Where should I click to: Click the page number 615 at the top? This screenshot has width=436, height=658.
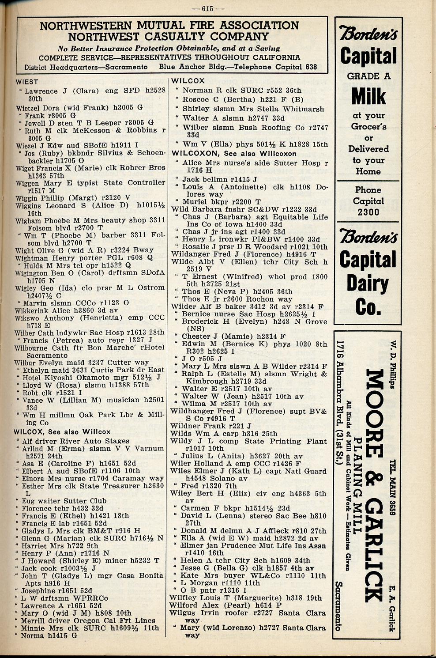point(213,8)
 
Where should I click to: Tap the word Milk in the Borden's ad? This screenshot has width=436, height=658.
point(368,96)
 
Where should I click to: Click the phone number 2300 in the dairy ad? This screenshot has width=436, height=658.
point(368,212)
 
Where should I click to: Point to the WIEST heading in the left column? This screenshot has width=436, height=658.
point(27,82)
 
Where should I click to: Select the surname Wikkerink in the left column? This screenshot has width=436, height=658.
point(32,310)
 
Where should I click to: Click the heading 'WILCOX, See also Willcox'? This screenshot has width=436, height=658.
point(62,432)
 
